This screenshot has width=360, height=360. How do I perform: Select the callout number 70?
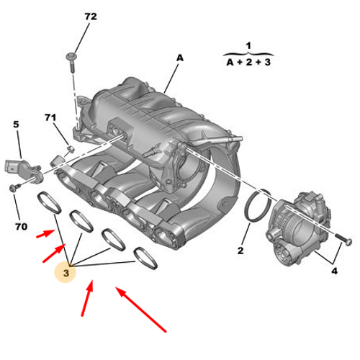[21, 227]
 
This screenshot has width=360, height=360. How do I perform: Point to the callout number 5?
[16, 124]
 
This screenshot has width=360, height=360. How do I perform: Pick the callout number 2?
[241, 251]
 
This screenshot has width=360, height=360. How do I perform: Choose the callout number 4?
[333, 271]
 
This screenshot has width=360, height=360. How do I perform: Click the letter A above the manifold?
[180, 58]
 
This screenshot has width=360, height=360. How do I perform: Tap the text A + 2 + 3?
[248, 63]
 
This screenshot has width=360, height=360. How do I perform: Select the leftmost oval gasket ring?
[50, 203]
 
